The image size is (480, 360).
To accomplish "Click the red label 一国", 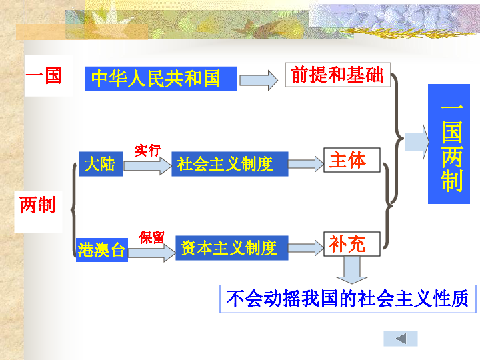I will click(44, 75).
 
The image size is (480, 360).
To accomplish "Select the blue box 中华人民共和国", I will click(161, 79).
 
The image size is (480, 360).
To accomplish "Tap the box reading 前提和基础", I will click(337, 75).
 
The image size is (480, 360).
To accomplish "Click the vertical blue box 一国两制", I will click(452, 143).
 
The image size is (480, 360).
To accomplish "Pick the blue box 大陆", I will click(99, 164).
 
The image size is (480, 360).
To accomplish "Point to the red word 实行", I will click(147, 150).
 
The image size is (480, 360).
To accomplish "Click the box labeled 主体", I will click(351, 160).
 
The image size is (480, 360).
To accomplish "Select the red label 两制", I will click(38, 205).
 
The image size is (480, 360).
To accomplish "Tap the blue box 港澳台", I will click(101, 250).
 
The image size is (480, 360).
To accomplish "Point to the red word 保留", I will click(151, 237).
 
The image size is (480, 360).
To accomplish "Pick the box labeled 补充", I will click(351, 244).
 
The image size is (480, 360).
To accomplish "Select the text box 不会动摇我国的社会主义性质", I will click(347, 298).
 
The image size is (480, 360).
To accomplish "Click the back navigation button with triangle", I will click(401, 339).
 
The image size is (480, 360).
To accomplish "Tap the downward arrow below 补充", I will click(351, 269).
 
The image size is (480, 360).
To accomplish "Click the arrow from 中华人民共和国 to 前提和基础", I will click(258, 80).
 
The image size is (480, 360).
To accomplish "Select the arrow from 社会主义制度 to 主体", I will click(305, 164).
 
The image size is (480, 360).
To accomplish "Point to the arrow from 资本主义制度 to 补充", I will click(305, 248).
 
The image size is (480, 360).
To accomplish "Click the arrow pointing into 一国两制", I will click(417, 142).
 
